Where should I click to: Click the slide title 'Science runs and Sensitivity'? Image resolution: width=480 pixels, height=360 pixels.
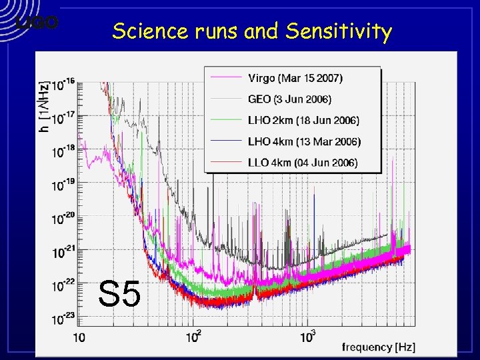(252, 31)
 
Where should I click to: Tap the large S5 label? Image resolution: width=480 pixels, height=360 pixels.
(119, 294)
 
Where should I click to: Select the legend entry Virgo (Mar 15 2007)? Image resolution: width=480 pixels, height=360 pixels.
(295, 78)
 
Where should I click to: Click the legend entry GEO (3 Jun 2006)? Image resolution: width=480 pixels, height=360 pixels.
(289, 99)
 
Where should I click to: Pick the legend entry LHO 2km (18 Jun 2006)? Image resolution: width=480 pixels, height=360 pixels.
(303, 121)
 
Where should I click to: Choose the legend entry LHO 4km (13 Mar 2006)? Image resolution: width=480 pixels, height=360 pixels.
(304, 141)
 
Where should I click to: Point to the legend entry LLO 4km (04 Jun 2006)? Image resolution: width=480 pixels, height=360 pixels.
(303, 163)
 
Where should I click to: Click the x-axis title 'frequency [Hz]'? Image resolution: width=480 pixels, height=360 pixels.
(377, 347)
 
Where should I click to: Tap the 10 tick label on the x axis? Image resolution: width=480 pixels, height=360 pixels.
(79, 339)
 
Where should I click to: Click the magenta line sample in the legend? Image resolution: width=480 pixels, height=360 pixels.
(225, 78)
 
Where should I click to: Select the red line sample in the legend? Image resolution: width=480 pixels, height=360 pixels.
(225, 163)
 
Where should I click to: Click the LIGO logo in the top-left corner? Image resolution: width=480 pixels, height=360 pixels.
(37, 23)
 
